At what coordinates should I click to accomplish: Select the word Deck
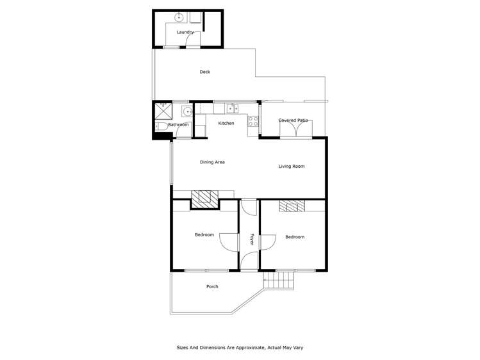click(x=204, y=72)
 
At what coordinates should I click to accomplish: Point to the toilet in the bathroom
click(x=161, y=127)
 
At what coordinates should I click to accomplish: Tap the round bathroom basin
click(x=187, y=111)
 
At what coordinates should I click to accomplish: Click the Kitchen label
click(x=226, y=123)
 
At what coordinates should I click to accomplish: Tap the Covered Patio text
click(x=294, y=120)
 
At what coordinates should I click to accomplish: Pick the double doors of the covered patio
click(x=295, y=129)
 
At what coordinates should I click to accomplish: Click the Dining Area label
click(x=212, y=162)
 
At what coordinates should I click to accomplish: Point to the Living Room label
click(x=291, y=167)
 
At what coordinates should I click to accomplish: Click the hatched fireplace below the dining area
click(x=205, y=198)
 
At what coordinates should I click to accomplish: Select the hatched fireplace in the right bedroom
click(x=292, y=206)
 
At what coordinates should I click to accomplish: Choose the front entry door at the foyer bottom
click(x=250, y=261)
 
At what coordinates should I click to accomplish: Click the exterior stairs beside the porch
click(x=279, y=280)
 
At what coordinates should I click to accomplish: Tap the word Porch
click(x=211, y=286)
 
